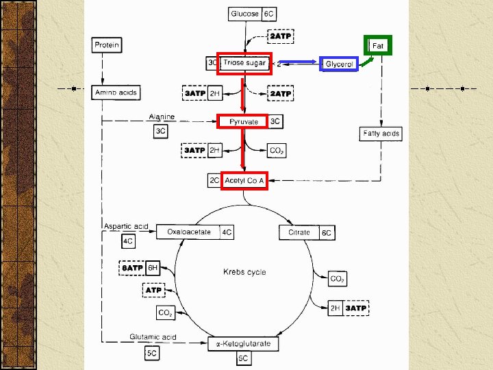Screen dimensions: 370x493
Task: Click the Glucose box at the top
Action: pos(244,14)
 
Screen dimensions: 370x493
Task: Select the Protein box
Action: pos(107,45)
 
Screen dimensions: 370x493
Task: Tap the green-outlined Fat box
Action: pos(377,45)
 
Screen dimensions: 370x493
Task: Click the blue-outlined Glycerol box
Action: pos(339,64)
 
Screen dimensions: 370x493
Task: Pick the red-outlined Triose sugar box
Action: pos(244,63)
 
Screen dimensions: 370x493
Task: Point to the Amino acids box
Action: pos(115,92)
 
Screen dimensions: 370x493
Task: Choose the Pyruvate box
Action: pos(244,121)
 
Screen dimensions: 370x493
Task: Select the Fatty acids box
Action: pos(381,134)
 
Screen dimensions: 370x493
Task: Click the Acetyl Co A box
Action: pos(244,180)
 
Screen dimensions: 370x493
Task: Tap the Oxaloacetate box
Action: pos(188,232)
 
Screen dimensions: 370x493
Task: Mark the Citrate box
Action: pos(299,232)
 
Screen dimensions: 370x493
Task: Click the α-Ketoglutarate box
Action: pos(243,343)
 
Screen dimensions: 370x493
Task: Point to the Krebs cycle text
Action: pos(244,272)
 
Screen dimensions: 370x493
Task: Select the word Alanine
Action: pos(162,116)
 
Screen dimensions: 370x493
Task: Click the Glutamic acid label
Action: pos(153,336)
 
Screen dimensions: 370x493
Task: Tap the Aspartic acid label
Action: pos(126,226)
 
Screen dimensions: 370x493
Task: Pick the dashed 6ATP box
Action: pos(131,268)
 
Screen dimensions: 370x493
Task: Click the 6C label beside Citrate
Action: pos(327,233)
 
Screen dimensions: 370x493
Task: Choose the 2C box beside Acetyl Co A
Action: pos(214,180)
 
